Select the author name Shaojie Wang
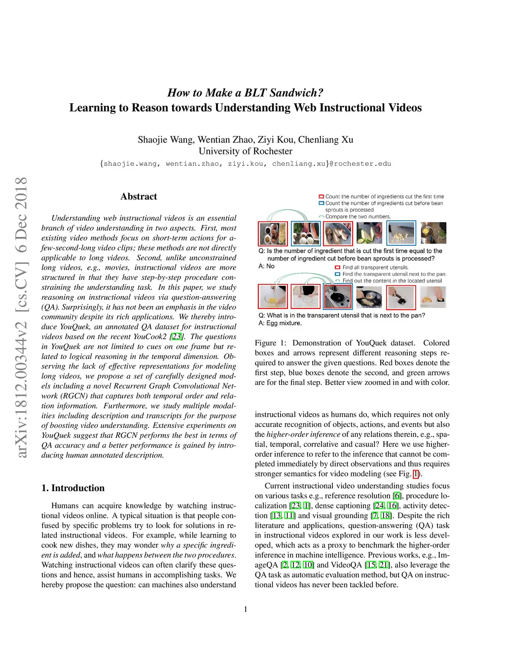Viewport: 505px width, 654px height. point(166,140)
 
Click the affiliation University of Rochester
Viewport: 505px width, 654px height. point(246,151)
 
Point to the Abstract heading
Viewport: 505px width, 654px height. point(139,196)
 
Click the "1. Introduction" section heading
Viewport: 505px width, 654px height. point(73,488)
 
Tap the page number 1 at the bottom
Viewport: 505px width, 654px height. point(246,609)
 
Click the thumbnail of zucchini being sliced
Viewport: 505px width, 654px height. point(369,233)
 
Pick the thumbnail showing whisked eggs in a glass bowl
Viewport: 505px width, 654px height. point(273,297)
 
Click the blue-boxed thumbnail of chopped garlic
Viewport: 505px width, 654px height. point(401,233)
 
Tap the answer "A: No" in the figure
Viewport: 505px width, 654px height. point(266,266)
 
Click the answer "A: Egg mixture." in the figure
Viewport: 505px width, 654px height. point(280,323)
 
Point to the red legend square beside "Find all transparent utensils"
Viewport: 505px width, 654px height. point(338,268)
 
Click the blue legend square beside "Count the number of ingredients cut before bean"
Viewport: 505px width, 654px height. point(321,203)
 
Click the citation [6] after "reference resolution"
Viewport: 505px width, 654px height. point(397,496)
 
